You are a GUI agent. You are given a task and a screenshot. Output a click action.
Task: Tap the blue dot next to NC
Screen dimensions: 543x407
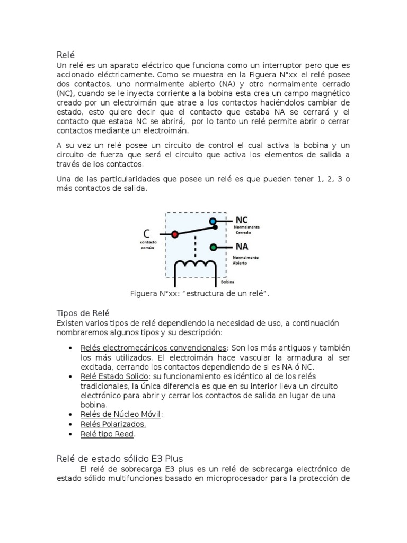tap(213, 221)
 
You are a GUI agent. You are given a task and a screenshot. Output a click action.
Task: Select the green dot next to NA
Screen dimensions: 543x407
tap(213, 247)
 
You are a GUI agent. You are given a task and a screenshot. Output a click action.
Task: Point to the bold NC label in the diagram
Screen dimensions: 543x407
tap(242, 219)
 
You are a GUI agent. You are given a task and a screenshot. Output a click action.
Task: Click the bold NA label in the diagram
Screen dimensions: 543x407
tap(242, 246)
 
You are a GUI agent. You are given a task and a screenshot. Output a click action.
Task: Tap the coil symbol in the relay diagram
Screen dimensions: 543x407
tap(196, 264)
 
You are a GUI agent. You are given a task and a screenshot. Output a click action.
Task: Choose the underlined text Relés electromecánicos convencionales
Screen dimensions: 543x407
tap(153, 348)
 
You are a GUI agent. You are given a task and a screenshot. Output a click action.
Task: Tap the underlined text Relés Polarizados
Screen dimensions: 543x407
tap(113, 424)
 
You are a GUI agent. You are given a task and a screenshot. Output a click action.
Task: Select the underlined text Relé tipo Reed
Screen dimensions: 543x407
tap(108, 434)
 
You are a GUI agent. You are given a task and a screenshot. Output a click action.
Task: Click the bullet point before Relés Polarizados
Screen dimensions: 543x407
tap(71, 424)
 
